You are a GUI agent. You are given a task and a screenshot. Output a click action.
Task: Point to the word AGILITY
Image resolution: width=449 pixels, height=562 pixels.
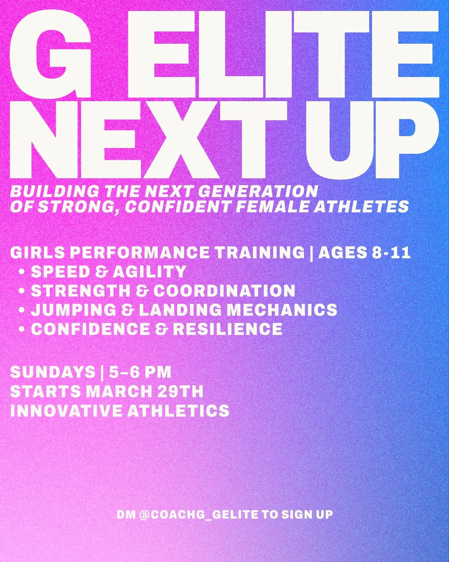tap(149, 272)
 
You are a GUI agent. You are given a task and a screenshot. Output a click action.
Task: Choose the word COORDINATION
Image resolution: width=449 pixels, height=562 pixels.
tap(224, 291)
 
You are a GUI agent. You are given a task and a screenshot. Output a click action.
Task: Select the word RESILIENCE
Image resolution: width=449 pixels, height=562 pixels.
tap(228, 329)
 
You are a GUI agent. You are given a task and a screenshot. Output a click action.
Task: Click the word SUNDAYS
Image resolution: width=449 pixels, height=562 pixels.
tap(52, 372)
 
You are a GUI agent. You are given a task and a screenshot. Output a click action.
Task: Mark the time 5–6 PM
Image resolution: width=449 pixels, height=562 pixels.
tap(140, 372)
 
